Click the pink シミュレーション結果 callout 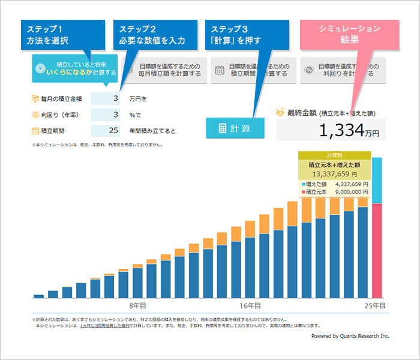point(349,35)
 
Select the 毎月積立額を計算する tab point(164,70)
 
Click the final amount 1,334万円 point(331,130)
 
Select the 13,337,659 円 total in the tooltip point(334,174)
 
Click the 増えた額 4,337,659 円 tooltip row point(334,184)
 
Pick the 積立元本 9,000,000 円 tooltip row point(334,192)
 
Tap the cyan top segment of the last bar point(377,180)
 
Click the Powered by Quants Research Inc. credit point(350,337)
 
